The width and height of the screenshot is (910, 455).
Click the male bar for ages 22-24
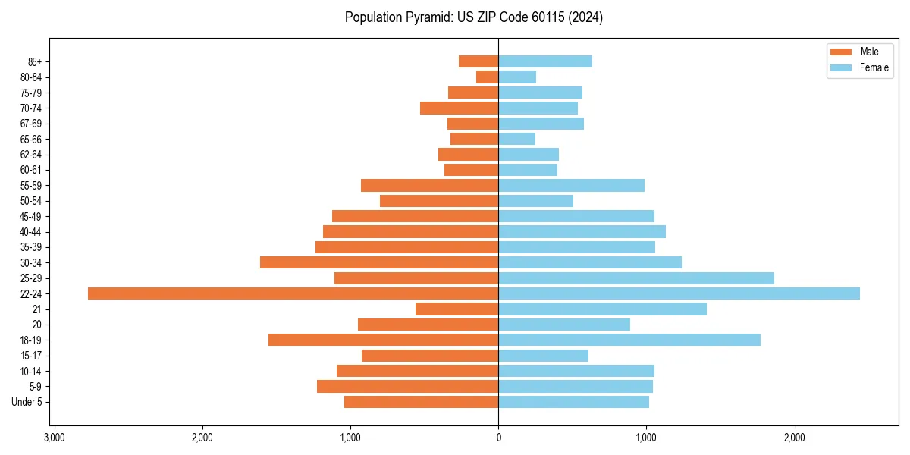click(293, 293)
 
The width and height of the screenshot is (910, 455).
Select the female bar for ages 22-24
click(679, 293)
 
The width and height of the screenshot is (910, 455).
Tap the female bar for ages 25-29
click(636, 278)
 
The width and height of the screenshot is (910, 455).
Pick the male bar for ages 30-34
click(379, 262)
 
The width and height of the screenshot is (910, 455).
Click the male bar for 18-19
click(383, 340)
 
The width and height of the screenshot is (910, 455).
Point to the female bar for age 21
click(602, 309)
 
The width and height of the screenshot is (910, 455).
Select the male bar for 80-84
click(487, 77)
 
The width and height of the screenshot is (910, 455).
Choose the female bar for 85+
click(545, 61)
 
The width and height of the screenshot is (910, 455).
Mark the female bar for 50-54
click(535, 201)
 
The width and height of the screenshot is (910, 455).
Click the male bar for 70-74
click(459, 108)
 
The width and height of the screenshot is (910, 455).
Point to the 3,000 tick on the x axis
click(54, 438)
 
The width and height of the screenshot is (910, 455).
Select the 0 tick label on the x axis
click(498, 438)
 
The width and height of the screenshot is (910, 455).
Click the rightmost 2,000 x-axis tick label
click(794, 438)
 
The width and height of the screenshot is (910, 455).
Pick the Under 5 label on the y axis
click(27, 402)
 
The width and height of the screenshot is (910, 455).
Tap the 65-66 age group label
click(31, 139)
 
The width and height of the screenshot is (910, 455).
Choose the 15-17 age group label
click(31, 356)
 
